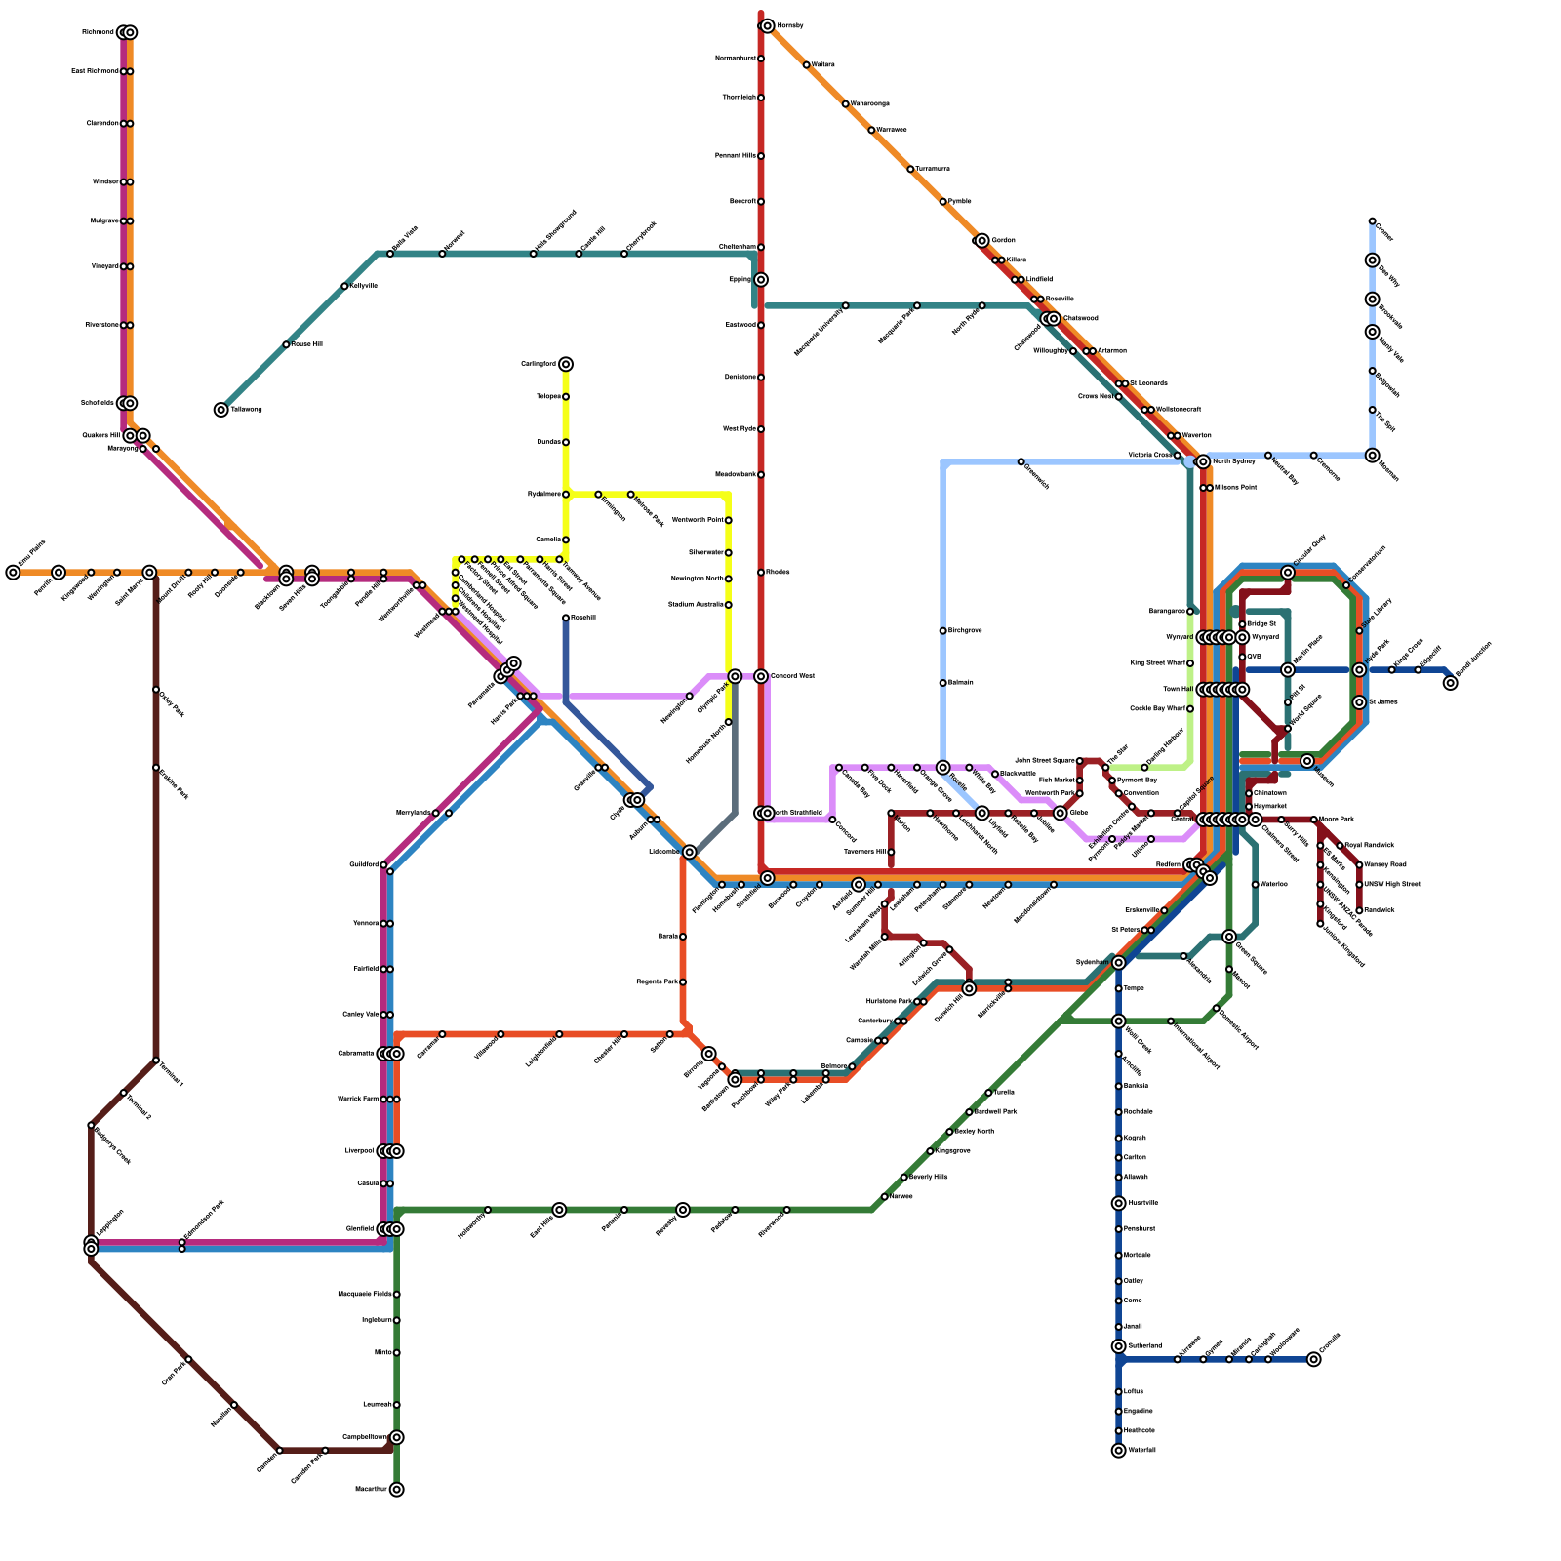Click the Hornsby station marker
[x=768, y=26]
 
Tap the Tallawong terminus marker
[x=221, y=410]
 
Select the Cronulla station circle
[x=1314, y=1359]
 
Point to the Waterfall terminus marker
[x=1119, y=1450]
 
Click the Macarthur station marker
[x=397, y=1489]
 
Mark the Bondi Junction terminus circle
[x=1451, y=683]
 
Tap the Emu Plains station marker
[x=13, y=573]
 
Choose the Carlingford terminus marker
[x=566, y=364]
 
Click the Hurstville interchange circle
[x=1119, y=1203]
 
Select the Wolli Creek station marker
[x=1119, y=1021]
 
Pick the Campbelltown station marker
[x=397, y=1437]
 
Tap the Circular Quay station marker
[x=1288, y=573]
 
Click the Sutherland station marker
[x=1119, y=1346]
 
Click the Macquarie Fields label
[x=365, y=1294]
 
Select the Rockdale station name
[x=1139, y=1112]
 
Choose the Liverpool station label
[x=359, y=1151]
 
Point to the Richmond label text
[x=98, y=32]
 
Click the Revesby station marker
[x=683, y=1210]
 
